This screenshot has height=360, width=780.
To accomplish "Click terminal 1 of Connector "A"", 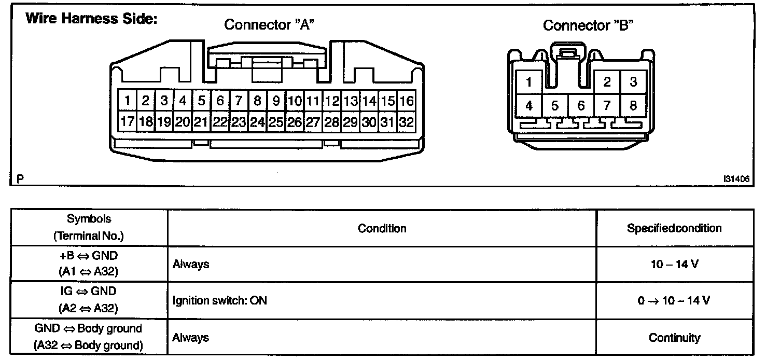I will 127,101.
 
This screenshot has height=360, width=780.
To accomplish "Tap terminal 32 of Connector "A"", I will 407,123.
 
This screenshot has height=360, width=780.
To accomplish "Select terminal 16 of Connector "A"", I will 407,101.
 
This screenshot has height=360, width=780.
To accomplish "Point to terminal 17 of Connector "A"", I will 127,123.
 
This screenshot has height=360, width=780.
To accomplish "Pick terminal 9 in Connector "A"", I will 276,101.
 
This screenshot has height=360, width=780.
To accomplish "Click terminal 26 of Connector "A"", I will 295,123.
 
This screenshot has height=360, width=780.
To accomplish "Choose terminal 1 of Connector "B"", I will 529,82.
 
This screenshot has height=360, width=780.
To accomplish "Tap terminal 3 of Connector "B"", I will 633,82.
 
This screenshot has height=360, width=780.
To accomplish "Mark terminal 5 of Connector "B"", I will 555,106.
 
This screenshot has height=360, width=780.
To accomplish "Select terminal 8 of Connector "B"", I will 633,106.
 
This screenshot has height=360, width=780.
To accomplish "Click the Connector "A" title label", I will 269,25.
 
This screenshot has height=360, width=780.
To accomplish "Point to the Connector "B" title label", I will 589,25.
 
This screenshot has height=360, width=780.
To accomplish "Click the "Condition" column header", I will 382,228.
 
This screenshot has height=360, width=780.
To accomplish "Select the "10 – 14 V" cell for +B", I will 674,264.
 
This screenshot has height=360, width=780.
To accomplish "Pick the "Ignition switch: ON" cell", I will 220,300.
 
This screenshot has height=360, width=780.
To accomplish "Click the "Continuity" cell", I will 674,338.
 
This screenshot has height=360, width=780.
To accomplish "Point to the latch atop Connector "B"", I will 569,53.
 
